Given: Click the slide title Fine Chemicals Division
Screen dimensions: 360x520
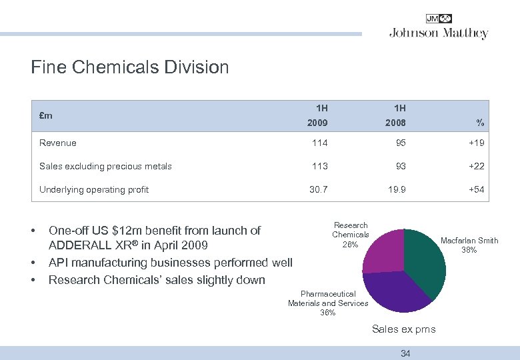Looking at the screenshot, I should (130, 67).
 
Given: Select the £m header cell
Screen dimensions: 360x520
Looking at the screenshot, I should (46, 115).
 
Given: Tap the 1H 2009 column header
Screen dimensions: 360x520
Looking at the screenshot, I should (317, 115).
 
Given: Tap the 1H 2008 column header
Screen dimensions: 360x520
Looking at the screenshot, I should (395, 115).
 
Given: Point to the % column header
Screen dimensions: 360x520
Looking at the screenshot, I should (480, 123).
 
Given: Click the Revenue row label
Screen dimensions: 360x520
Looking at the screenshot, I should (58, 143).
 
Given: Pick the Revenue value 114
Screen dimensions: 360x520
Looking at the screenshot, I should (320, 143).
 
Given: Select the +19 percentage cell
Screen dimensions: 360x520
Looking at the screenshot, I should (476, 143).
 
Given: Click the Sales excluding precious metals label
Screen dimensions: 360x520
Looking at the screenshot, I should (105, 166).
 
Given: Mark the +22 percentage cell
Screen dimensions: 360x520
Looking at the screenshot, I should (476, 166).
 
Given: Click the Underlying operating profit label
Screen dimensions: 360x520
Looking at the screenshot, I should (94, 189).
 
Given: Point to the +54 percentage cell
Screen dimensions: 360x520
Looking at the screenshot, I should (476, 189).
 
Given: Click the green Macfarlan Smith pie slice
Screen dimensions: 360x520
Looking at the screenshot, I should (425, 260).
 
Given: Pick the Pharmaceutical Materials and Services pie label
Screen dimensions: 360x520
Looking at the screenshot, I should (328, 303).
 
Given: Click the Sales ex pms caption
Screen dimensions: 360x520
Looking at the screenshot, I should (404, 329).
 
